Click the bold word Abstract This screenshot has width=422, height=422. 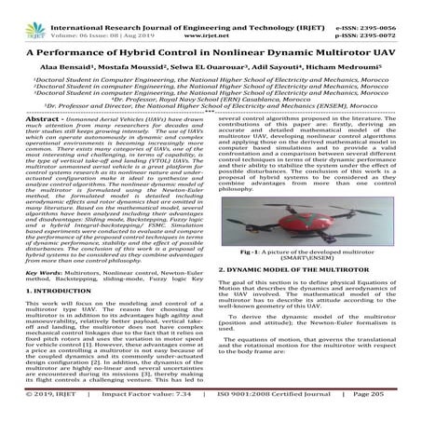coord(21,146)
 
